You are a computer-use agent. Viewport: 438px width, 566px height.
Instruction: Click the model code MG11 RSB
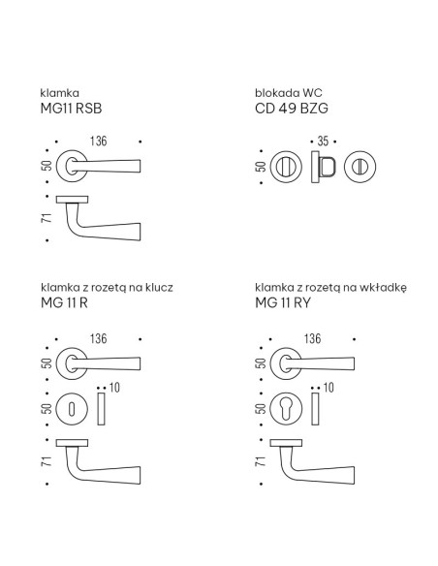click(71, 109)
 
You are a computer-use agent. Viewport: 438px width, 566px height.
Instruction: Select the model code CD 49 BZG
click(292, 109)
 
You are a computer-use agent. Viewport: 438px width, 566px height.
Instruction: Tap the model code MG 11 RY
click(283, 302)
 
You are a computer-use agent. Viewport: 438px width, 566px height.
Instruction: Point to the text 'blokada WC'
click(289, 93)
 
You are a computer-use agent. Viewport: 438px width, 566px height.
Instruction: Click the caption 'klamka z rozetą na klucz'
click(107, 287)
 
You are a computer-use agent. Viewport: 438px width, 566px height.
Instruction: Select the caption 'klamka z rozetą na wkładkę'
click(330, 288)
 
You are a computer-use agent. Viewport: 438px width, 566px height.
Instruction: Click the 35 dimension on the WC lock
click(323, 141)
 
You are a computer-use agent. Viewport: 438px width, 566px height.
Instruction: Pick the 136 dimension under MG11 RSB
click(99, 141)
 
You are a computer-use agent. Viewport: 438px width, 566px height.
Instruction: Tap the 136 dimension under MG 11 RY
click(312, 338)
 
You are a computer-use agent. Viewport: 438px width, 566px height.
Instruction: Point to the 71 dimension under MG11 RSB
click(47, 218)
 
